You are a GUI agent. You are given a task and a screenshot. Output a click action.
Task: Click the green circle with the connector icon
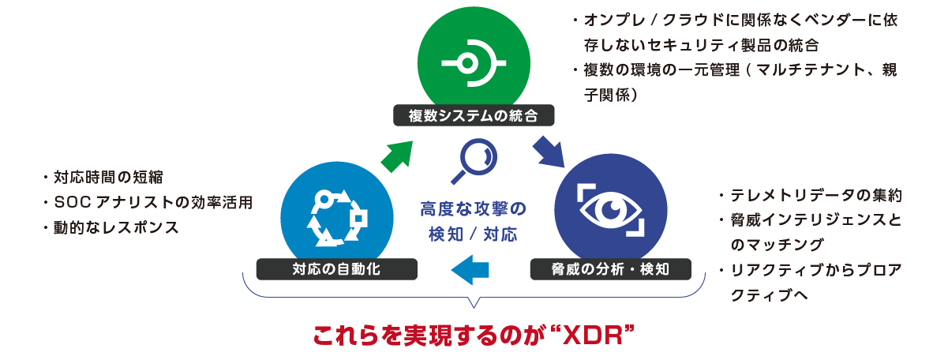point(473,62)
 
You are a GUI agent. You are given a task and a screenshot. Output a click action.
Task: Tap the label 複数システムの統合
point(473,116)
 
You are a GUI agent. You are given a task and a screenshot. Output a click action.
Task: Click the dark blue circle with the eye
point(611,207)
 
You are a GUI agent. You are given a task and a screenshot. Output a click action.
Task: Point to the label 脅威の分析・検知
point(611,269)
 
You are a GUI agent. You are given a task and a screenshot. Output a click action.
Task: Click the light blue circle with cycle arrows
point(337,215)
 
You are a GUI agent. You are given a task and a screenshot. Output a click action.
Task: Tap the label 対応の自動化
point(337,269)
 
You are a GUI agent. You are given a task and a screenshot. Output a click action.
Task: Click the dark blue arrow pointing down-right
point(549,152)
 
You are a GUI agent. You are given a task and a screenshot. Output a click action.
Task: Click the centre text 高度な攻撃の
point(473,210)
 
